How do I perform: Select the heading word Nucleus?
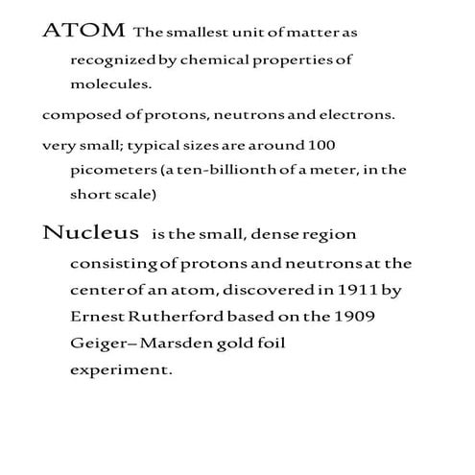(x=84, y=233)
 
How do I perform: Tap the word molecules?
(x=110, y=83)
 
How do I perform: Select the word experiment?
(x=121, y=368)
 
